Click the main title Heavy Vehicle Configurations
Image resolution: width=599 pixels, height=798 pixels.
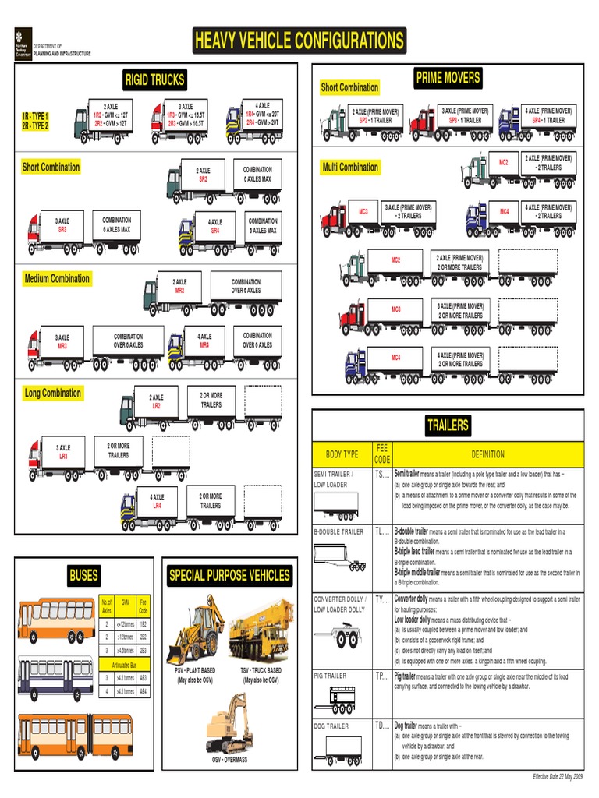[299, 41]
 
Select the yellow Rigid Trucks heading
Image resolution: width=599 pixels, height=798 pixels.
[154, 79]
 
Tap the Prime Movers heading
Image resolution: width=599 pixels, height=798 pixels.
[448, 78]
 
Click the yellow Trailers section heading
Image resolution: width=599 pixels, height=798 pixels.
[448, 425]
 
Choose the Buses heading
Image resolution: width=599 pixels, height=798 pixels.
[83, 576]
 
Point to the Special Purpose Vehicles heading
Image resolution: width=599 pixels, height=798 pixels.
[229, 576]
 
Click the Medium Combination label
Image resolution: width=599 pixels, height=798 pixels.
[57, 279]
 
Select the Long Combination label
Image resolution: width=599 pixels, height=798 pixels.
[52, 394]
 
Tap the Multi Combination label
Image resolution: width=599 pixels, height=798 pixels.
[350, 167]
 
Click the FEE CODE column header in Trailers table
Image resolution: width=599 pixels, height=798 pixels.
[381, 454]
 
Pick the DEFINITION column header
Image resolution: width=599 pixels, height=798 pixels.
[487, 454]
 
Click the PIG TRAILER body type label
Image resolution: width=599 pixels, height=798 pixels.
[330, 676]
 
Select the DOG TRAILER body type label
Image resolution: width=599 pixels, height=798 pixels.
[331, 726]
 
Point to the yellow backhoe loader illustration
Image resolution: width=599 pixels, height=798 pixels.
[194, 630]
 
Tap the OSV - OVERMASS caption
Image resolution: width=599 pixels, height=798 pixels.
[229, 759]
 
